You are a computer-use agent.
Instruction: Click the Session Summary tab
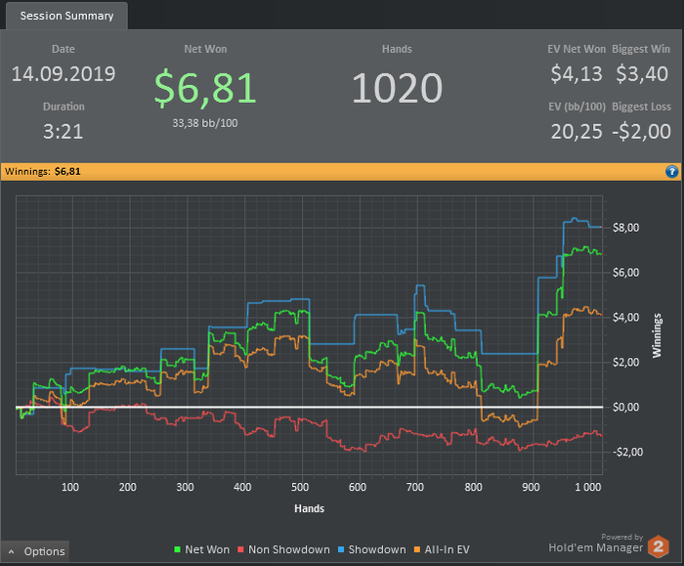tap(66, 16)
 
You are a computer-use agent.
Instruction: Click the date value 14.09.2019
tap(64, 74)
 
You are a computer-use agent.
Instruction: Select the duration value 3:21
tap(64, 132)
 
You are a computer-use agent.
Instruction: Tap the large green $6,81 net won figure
tap(206, 88)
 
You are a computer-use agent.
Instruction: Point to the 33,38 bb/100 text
tap(206, 122)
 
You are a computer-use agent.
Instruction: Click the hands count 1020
tap(397, 89)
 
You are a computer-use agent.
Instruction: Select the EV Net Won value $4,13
tap(577, 74)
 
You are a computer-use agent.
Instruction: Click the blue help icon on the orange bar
tap(671, 171)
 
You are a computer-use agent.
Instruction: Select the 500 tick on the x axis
tap(300, 486)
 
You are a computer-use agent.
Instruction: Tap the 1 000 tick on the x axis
tap(586, 486)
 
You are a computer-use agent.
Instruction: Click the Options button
tap(36, 551)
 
